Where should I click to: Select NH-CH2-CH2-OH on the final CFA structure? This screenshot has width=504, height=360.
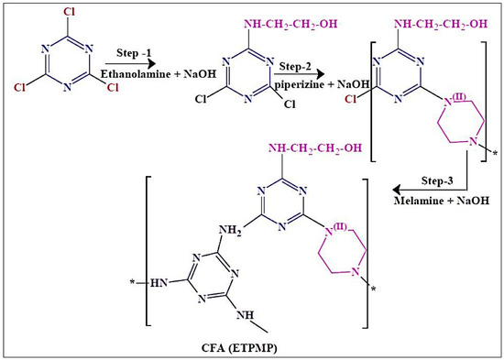click(x=314, y=147)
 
